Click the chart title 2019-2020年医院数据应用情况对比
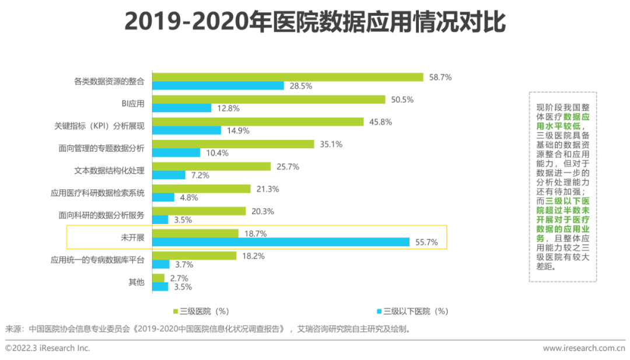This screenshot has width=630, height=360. coord(314,23)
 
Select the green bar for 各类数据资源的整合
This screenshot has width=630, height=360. coord(288,77)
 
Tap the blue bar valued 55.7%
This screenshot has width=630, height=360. coord(281,242)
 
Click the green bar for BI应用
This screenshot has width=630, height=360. coord(269,99)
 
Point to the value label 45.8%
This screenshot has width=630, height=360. coord(380,122)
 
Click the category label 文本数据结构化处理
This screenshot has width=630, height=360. coord(109,171)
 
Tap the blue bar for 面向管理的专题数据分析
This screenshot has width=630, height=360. coord(176,153)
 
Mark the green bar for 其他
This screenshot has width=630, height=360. coord(158,278)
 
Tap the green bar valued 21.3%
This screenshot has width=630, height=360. coord(201,188)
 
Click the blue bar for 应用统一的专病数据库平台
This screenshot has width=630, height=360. coord(161,264)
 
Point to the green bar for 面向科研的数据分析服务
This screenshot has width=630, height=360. coord(199,211)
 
